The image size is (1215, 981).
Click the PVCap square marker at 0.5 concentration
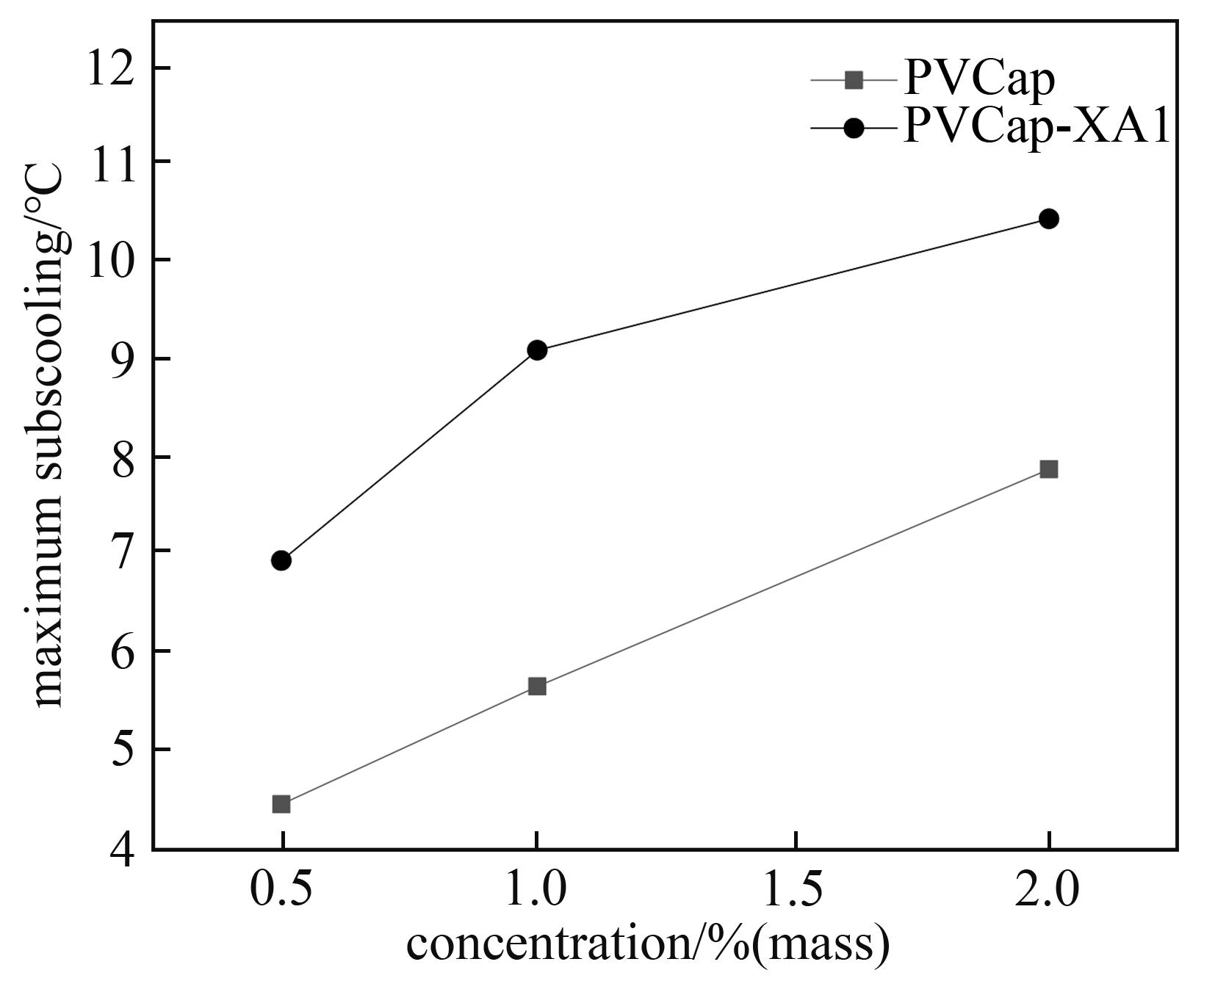tap(281, 804)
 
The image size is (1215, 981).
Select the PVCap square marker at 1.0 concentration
tap(537, 687)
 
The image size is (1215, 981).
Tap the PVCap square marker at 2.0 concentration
tap(1049, 469)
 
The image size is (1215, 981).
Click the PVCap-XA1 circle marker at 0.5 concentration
tap(281, 560)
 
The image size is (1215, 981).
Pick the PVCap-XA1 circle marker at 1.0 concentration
tap(537, 350)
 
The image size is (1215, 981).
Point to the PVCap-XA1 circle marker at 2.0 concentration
tap(1049, 219)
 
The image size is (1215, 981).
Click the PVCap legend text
tap(979, 79)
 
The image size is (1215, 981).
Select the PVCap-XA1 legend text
tap(1036, 127)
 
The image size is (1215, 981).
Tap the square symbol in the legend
tap(854, 79)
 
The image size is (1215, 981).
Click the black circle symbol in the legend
tap(854, 128)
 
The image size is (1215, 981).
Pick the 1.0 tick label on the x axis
tap(537, 890)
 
